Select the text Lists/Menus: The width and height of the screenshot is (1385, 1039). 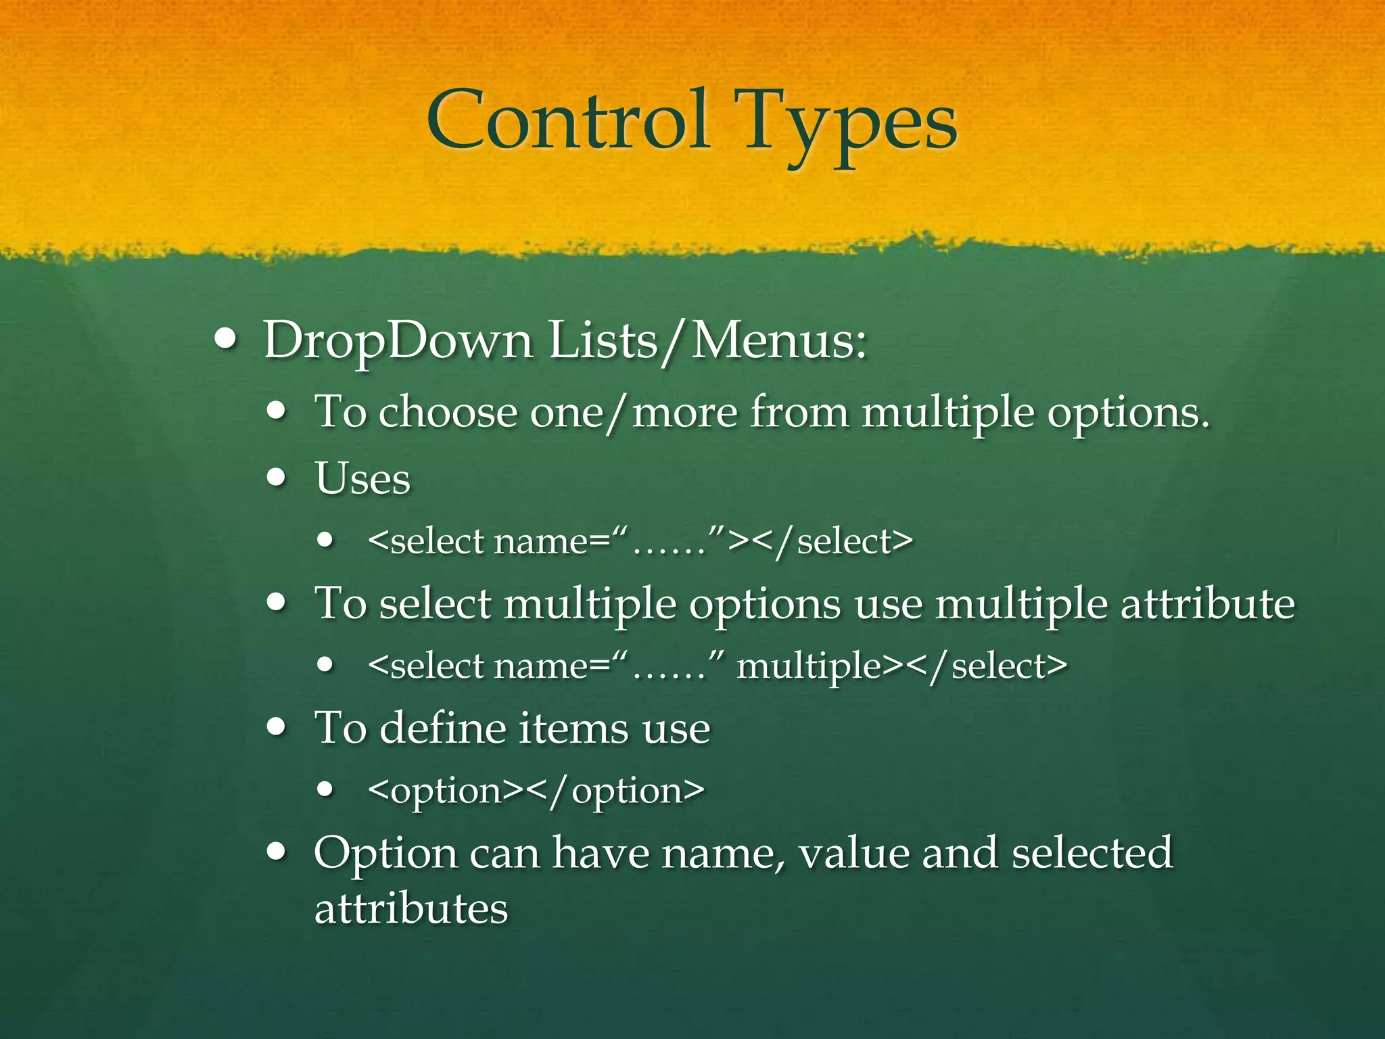[x=707, y=340]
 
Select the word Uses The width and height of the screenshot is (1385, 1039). [x=362, y=479]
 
